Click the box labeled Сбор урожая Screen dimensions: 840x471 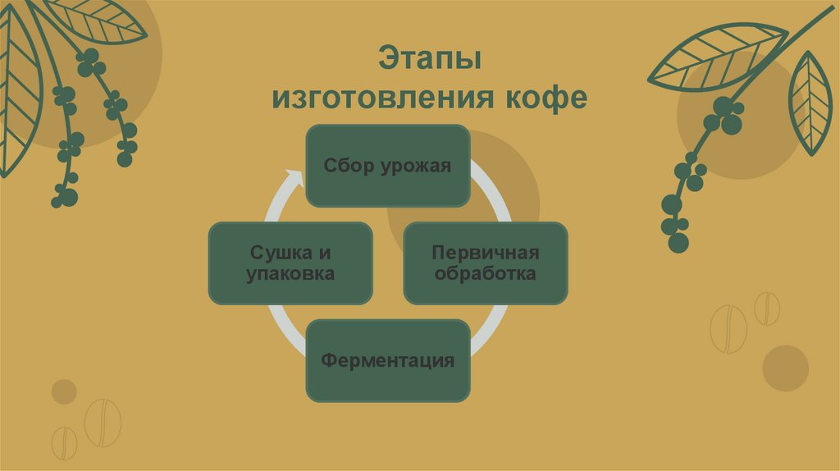[388, 165]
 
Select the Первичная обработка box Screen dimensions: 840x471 [485, 263]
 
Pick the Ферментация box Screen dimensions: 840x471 [388, 360]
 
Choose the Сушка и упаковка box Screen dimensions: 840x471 [290, 263]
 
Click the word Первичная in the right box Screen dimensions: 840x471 [486, 252]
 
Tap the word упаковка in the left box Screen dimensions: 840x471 [290, 273]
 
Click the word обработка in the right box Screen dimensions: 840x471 [486, 273]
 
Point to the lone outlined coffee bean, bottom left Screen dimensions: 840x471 [103, 422]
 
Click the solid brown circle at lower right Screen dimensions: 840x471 [785, 368]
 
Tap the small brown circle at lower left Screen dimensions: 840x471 [64, 391]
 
